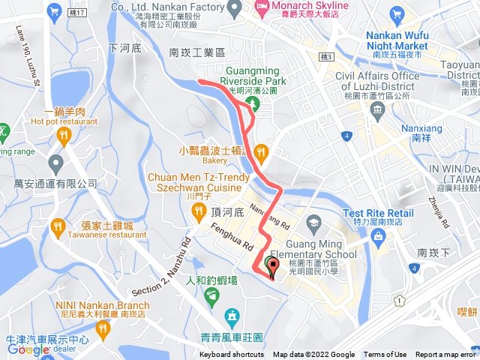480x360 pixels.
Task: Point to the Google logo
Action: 28,349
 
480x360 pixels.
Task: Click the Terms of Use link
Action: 385,355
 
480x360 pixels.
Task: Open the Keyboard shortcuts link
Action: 231,355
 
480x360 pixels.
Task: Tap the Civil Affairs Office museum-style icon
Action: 378,109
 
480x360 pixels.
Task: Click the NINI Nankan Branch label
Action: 86,304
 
